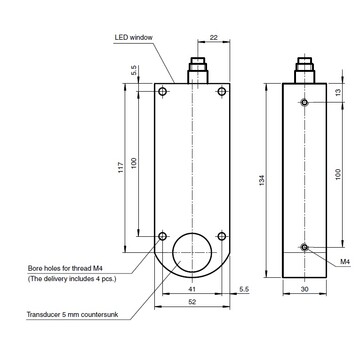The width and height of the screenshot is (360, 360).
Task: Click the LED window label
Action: pos(133,37)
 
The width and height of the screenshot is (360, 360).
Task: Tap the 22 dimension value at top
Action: pos(214,37)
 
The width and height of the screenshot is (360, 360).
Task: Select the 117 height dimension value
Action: pos(121,167)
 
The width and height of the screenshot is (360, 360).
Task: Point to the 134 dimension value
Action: pos(262,180)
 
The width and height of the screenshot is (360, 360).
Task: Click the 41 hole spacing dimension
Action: pos(192,289)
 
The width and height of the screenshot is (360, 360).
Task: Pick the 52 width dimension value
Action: pos(192,302)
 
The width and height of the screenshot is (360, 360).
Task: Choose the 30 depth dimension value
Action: pos(304,290)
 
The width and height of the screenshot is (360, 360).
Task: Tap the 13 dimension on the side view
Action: pos(338,92)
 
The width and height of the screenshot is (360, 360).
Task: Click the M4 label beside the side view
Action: pos(345,262)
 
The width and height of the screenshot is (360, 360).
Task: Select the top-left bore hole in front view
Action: pos(163,91)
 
